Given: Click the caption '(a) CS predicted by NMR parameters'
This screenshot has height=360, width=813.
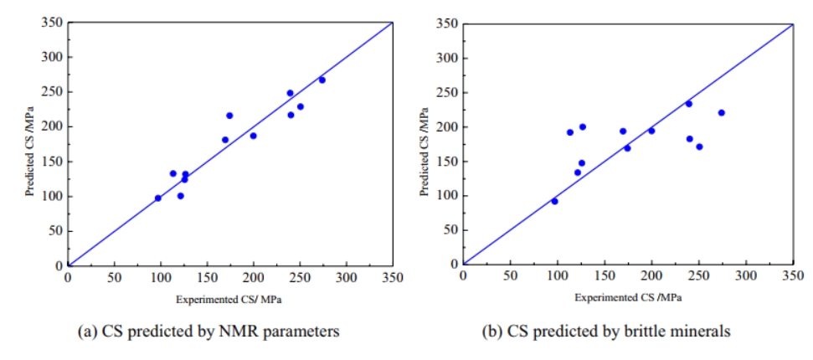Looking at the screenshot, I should click(208, 332).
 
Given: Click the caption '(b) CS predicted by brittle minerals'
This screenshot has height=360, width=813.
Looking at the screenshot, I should click(606, 332).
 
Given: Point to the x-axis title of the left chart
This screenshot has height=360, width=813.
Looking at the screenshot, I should click(232, 298).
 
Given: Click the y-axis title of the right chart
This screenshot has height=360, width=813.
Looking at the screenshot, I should click(425, 152).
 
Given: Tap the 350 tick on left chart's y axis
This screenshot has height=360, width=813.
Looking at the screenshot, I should click(50, 23).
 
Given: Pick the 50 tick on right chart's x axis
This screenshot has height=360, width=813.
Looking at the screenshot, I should click(510, 276).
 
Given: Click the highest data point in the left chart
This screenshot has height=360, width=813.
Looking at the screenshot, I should click(322, 80).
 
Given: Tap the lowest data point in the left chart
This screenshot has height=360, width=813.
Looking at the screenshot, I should click(158, 198).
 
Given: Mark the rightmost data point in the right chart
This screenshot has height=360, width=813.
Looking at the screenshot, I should click(721, 112).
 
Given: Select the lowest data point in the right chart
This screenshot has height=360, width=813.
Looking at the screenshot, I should click(554, 201).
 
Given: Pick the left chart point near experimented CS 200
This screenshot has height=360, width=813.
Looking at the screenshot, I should click(253, 136).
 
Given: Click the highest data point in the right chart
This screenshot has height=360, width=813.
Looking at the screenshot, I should click(688, 104).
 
